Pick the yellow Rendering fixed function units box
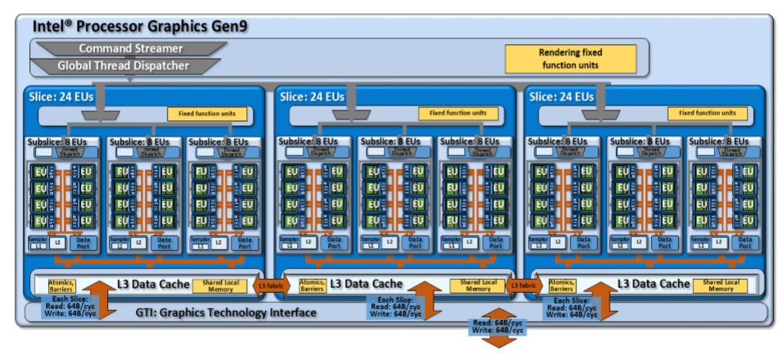point(569,58)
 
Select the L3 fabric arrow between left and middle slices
point(270,286)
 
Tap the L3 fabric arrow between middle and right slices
point(520,286)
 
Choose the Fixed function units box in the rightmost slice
point(707,113)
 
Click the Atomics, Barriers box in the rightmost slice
point(562,285)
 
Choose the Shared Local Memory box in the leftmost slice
point(223,285)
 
